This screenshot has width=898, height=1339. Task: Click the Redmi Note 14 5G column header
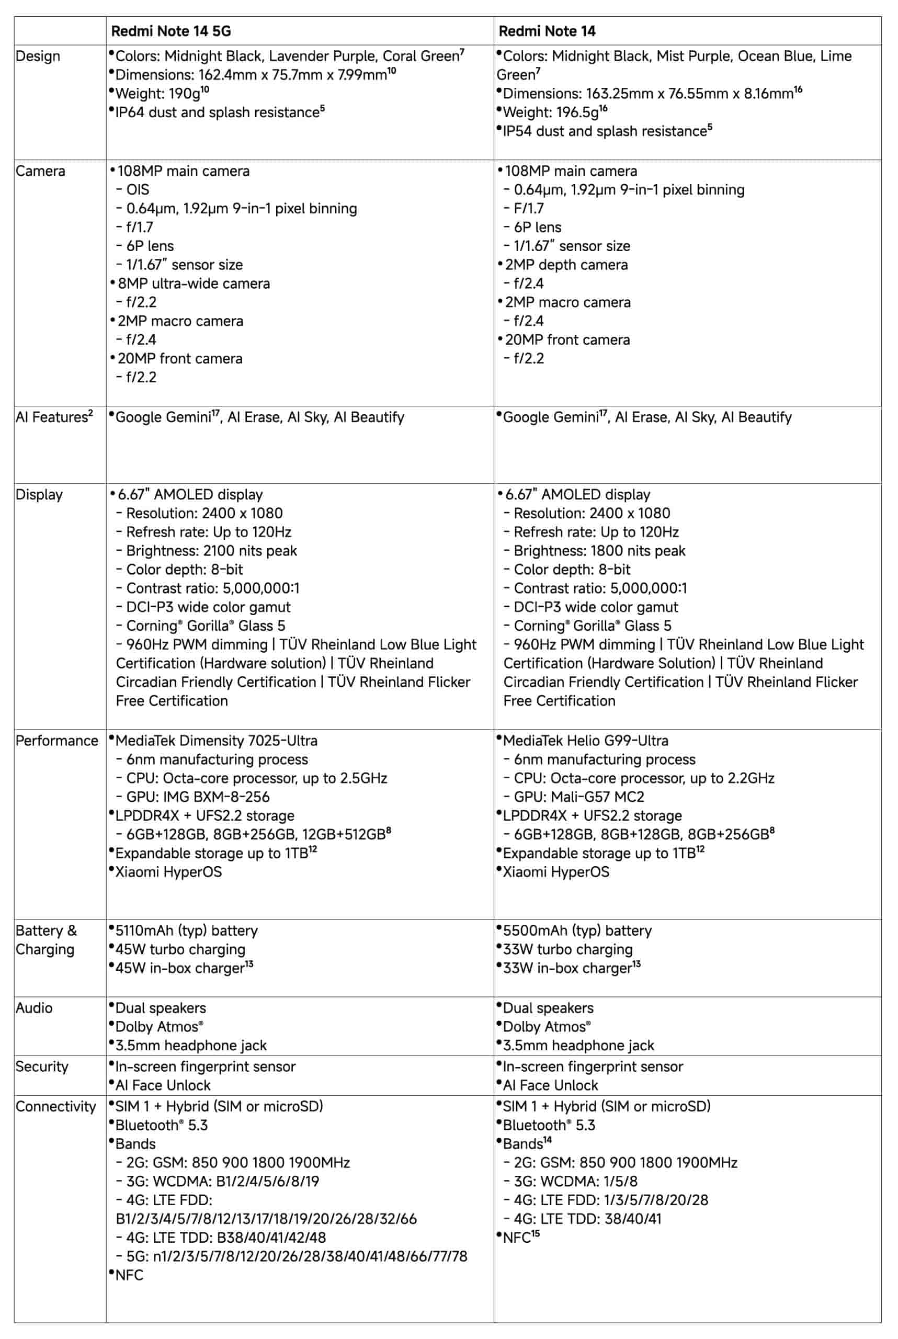point(170,31)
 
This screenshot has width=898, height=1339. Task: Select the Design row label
point(38,56)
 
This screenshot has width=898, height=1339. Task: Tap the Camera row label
point(40,171)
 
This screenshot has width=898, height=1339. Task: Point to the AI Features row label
point(54,417)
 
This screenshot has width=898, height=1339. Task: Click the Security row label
point(42,1066)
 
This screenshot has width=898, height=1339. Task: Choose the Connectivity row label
point(55,1106)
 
